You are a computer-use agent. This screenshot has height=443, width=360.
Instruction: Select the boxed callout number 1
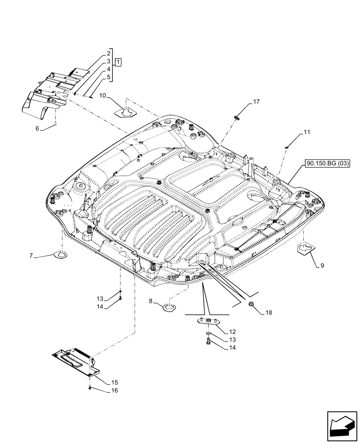click(x=118, y=61)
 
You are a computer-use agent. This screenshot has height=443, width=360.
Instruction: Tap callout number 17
click(x=256, y=102)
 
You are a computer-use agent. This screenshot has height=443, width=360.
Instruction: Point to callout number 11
click(x=295, y=132)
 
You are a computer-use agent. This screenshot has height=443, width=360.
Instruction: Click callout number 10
click(x=102, y=95)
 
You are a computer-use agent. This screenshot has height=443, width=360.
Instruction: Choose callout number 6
click(x=38, y=128)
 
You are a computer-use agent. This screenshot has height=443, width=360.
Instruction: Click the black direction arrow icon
click(x=341, y=425)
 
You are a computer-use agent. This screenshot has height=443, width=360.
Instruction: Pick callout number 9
click(x=321, y=266)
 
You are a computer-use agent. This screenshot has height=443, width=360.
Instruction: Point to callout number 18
click(x=269, y=313)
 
